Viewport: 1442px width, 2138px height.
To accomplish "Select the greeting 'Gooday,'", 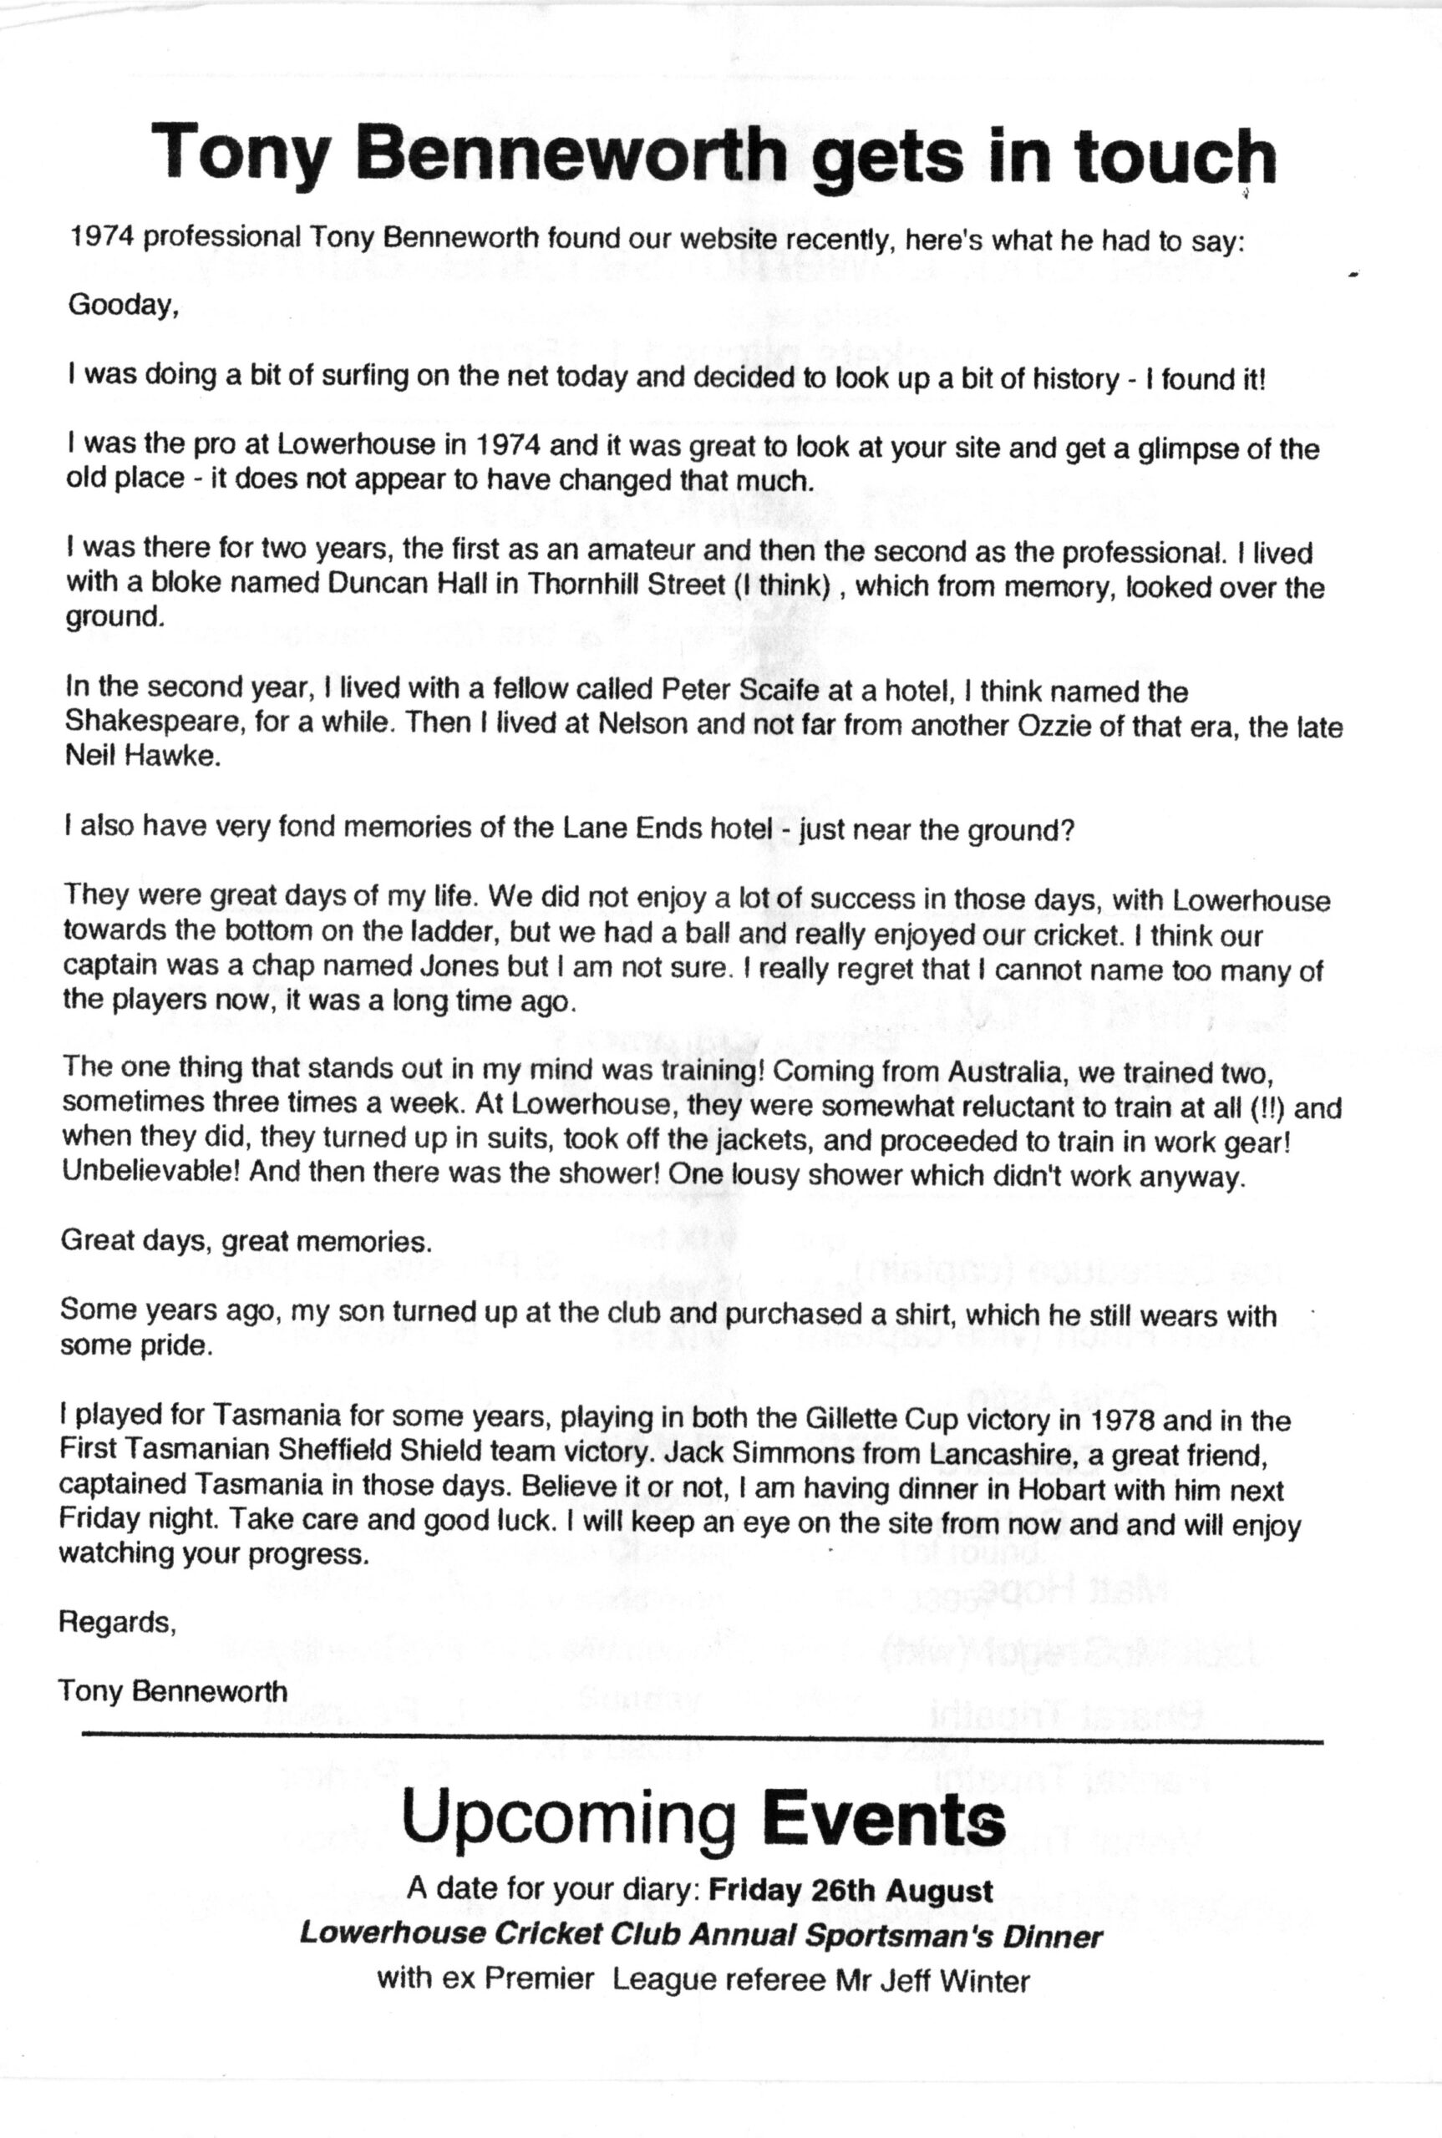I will (122, 305).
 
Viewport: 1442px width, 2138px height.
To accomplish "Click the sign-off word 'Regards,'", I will (117, 1623).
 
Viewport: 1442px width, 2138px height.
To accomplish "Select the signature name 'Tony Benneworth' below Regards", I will (172, 1690).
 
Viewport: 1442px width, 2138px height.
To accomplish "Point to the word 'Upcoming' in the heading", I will (569, 1816).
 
